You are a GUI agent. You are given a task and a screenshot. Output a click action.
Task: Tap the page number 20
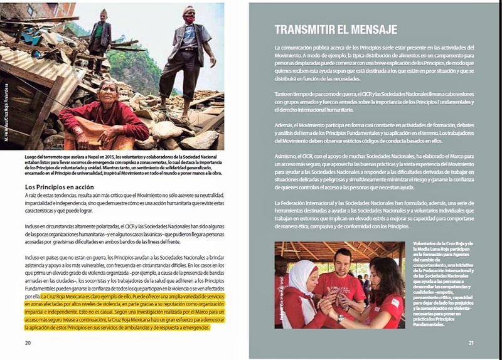point(28,343)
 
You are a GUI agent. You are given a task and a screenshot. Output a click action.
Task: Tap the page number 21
point(471,343)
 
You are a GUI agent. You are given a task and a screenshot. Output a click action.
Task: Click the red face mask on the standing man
point(188,20)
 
